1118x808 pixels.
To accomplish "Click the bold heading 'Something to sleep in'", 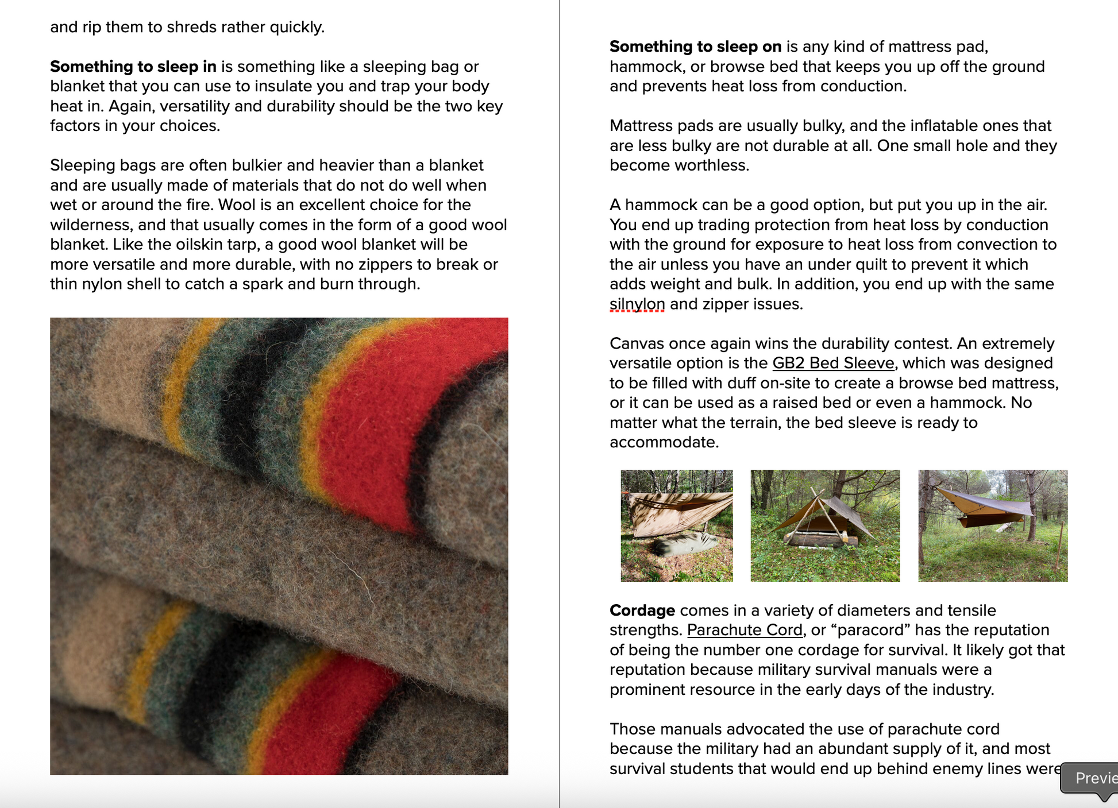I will coord(133,67).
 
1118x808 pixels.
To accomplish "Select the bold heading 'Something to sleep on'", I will coord(695,47).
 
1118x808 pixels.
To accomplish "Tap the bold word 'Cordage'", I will coord(642,610).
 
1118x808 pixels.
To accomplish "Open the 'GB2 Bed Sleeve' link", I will coord(833,364).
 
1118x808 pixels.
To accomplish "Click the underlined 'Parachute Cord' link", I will coord(745,630).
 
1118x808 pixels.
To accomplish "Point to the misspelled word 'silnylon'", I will coord(637,304).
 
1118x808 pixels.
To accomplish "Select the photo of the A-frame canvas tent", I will coord(825,525).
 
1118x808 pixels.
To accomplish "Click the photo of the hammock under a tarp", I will coord(993,525).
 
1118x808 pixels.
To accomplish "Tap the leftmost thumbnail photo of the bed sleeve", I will coord(676,525).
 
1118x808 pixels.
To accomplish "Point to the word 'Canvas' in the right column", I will coord(636,343).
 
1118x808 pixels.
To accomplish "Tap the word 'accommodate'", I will coord(663,442).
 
